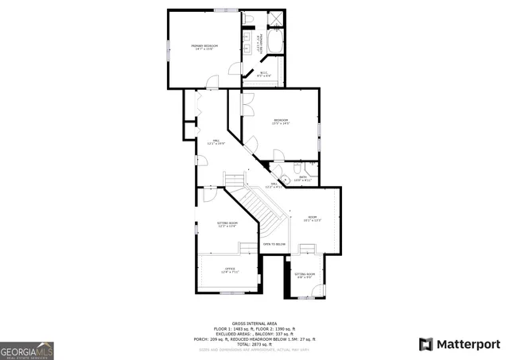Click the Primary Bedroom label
pyautogui.click(x=204, y=48)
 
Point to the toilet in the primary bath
pyautogui.click(x=248, y=18)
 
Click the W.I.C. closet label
pyautogui.click(x=263, y=75)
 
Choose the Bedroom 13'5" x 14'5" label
pyautogui.click(x=281, y=122)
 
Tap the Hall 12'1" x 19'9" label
pyautogui.click(x=216, y=143)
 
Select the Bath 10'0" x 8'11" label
pyautogui.click(x=303, y=180)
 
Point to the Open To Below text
pyautogui.click(x=274, y=244)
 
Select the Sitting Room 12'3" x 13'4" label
pyautogui.click(x=227, y=225)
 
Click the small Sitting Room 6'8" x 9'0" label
pyautogui.click(x=305, y=276)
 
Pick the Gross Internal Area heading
pyautogui.click(x=259, y=323)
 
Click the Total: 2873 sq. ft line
pyautogui.click(x=259, y=343)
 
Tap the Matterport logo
pyautogui.click(x=459, y=343)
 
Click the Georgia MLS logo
pyautogui.click(x=27, y=350)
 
